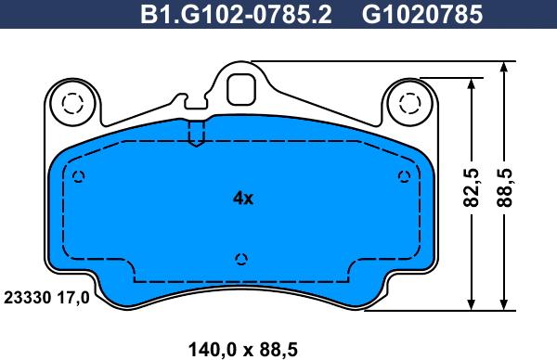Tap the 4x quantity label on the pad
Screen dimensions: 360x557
[x=242, y=198]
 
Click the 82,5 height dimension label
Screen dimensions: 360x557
[x=472, y=189]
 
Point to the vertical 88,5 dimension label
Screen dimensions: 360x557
[x=508, y=189]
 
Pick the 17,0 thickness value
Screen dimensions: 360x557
[x=75, y=298]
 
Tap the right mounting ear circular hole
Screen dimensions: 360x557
[x=409, y=101]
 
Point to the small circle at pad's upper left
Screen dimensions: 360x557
[x=78, y=177]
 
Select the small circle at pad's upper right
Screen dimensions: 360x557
[x=403, y=177]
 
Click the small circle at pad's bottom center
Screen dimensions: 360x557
[x=241, y=259]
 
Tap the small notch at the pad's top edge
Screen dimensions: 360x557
[x=196, y=134]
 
